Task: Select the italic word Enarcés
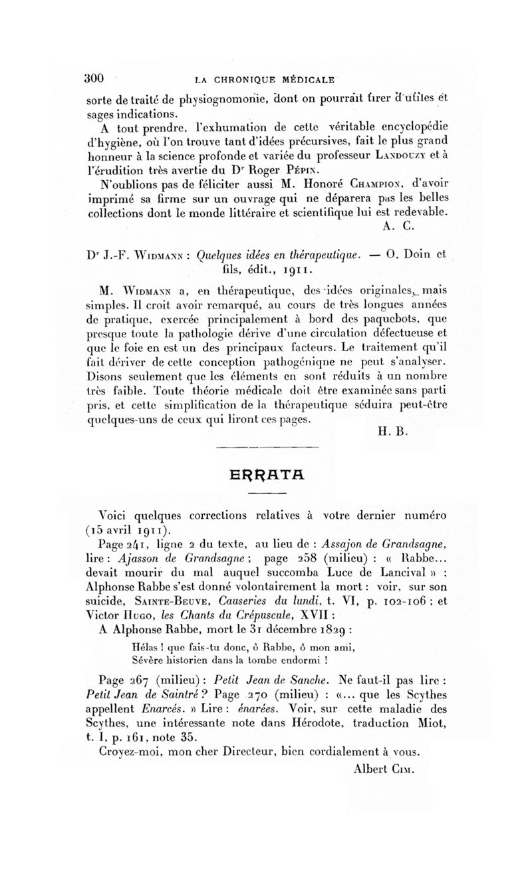pos(160,708)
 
